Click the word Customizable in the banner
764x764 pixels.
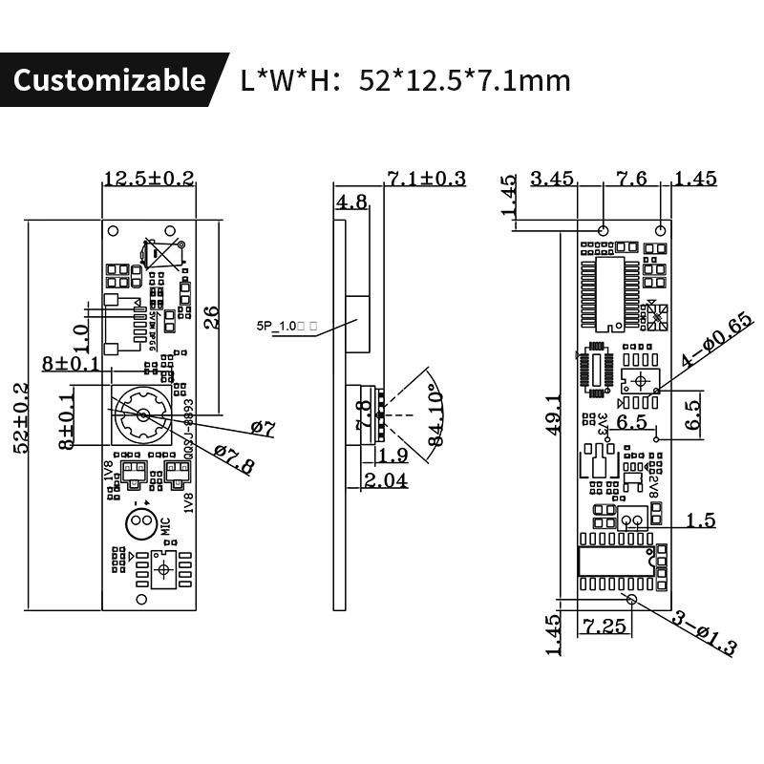109,79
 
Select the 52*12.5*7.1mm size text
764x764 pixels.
464,80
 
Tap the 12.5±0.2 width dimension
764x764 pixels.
149,178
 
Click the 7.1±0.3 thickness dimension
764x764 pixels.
426,178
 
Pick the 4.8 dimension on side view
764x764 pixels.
352,202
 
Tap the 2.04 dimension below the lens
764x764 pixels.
386,481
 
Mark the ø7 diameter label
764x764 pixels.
262,429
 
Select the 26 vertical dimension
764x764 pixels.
212,316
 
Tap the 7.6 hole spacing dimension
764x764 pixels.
631,178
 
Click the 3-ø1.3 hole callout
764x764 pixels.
704,632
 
